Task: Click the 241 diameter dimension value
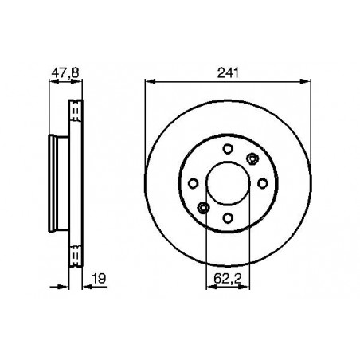[228, 73]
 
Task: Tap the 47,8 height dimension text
[65, 73]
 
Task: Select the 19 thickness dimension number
[99, 279]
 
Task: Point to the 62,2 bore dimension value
[228, 279]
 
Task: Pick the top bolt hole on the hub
[228, 149]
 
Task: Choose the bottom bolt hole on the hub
[228, 218]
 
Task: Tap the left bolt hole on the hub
[193, 183]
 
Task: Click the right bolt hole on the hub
[263, 183]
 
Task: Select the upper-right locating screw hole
[252, 158]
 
